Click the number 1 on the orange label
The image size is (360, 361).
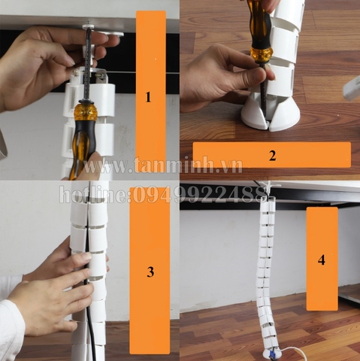tap(148, 97)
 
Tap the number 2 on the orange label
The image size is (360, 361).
tap(273, 156)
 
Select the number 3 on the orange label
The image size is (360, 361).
tap(150, 272)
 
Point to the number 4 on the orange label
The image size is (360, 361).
tap(322, 259)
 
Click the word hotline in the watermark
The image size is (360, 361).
tap(94, 195)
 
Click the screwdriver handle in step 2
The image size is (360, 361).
tap(260, 30)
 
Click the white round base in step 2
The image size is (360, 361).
tap(270, 114)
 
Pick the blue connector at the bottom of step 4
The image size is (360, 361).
tap(271, 354)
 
